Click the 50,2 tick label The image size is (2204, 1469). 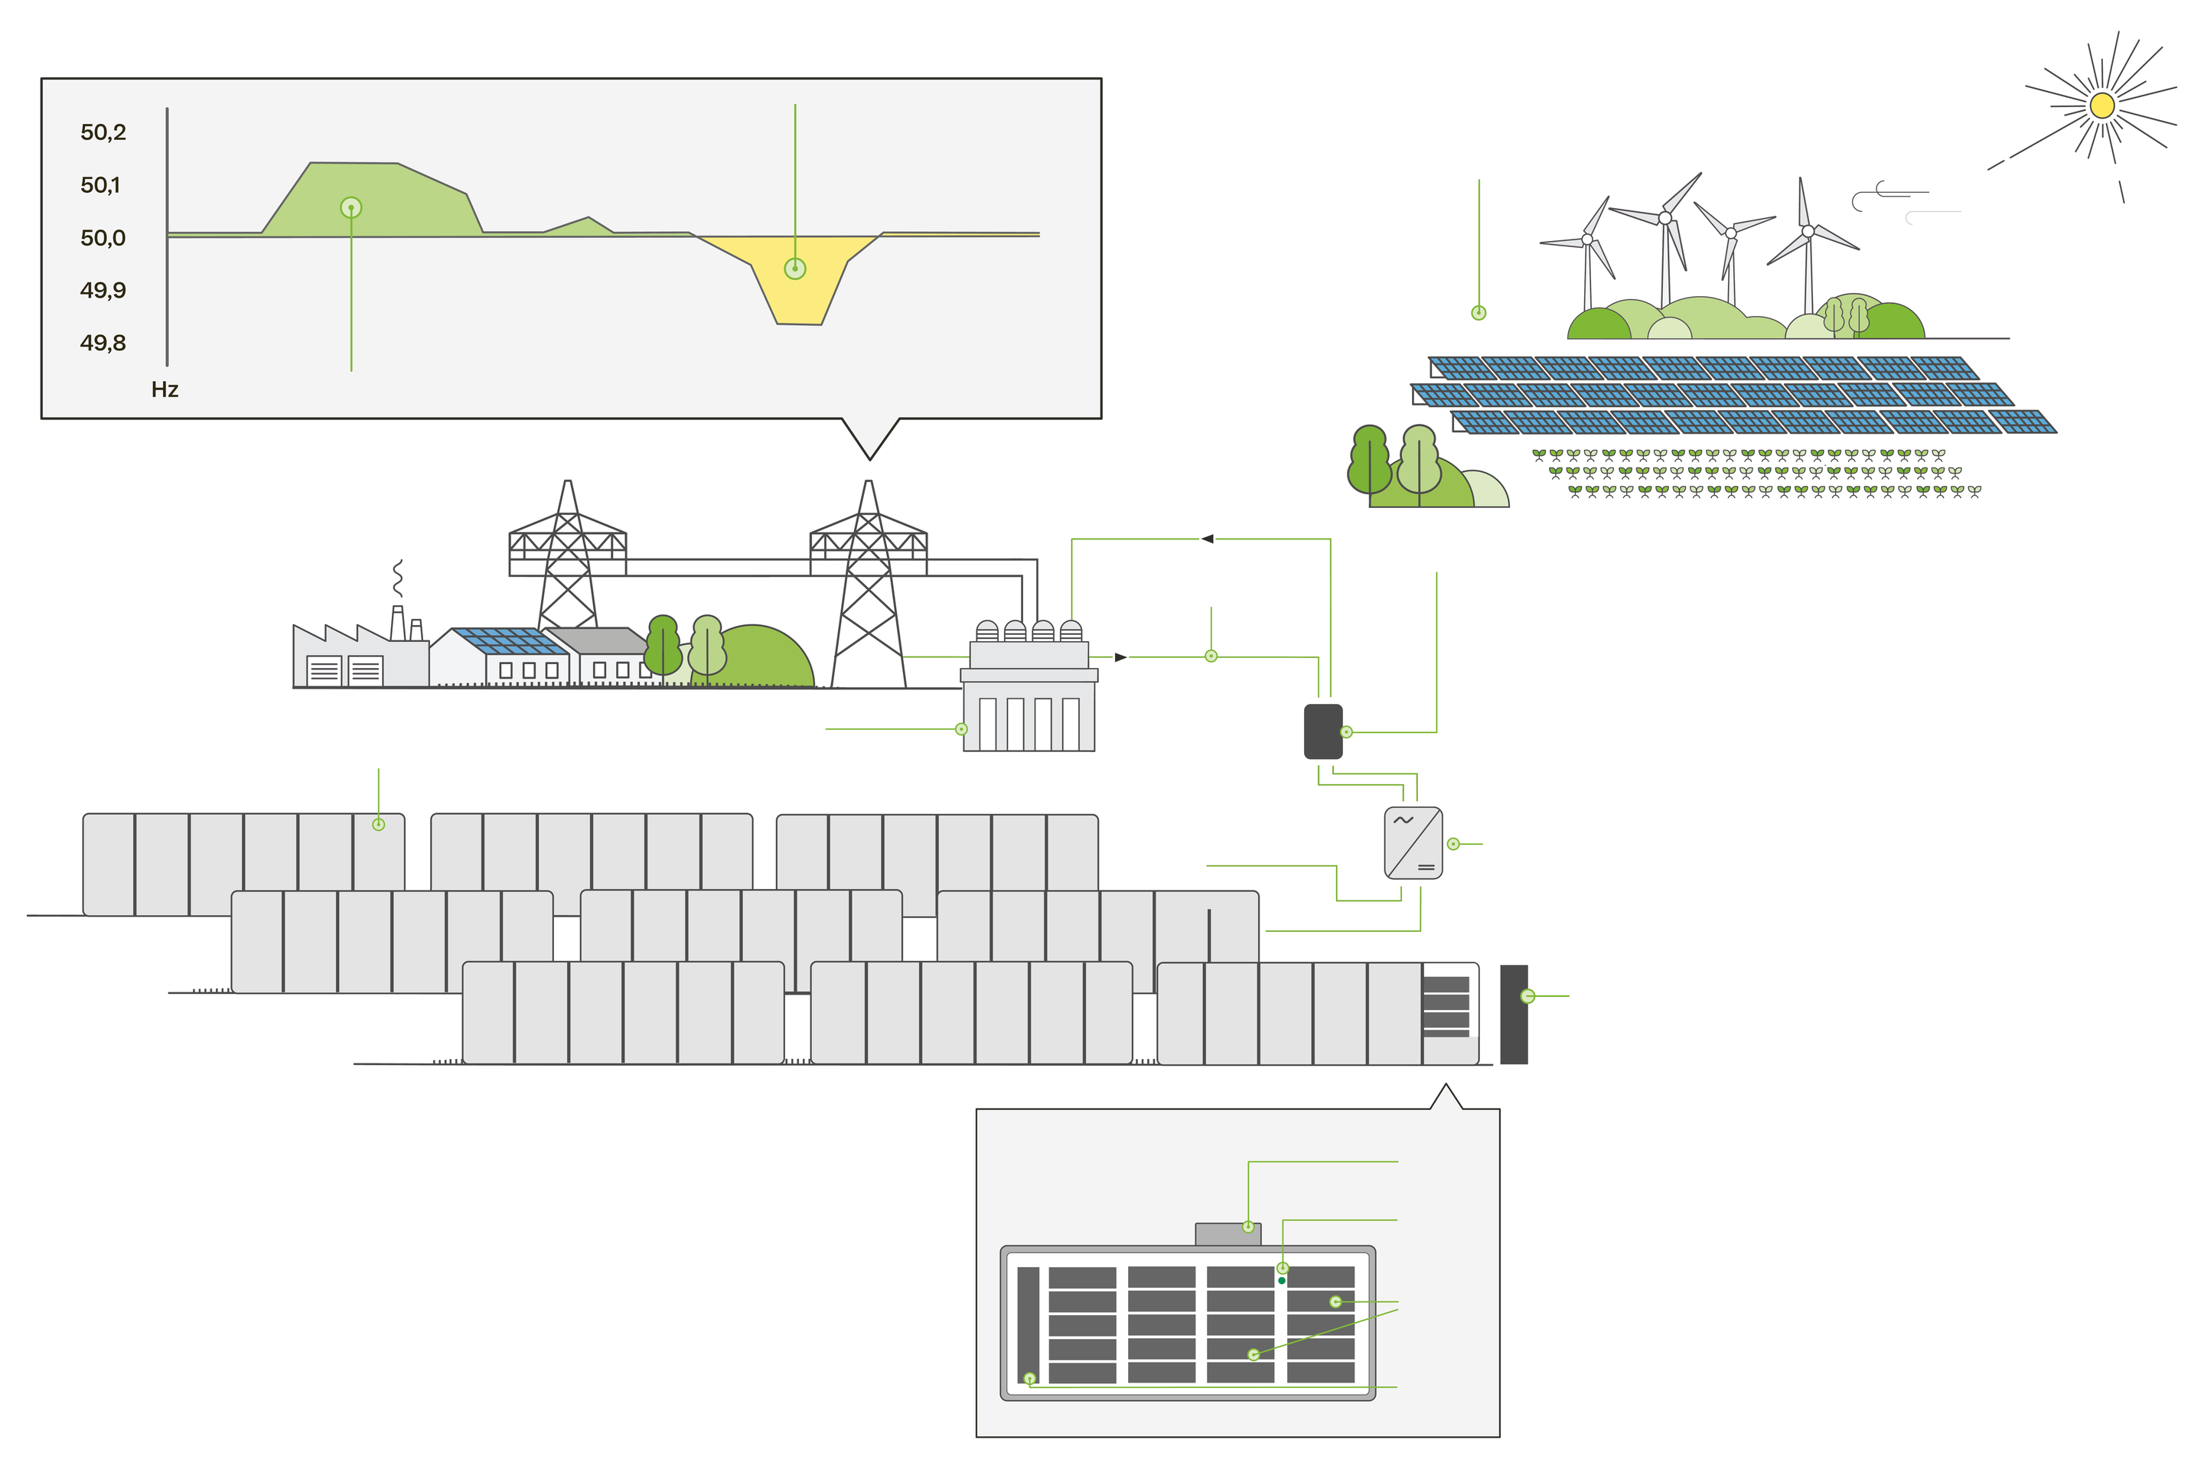tap(103, 132)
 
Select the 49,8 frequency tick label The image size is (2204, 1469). tap(103, 343)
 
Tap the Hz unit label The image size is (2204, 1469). tap(165, 389)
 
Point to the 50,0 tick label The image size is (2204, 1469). tap(103, 238)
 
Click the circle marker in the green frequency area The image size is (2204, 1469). tap(350, 207)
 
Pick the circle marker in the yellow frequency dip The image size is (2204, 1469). tap(794, 269)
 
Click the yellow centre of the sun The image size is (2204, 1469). tap(2102, 105)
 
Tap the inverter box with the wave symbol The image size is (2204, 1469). tap(1413, 843)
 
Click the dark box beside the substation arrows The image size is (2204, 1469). tap(1323, 731)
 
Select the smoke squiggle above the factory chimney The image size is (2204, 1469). tap(398, 578)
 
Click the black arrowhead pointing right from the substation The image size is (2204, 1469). tap(1120, 656)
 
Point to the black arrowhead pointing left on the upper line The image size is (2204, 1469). tap(1208, 539)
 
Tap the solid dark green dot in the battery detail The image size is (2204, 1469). tap(1282, 1280)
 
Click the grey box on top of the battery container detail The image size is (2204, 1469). tap(1228, 1234)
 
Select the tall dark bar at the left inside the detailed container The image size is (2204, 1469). tap(1028, 1324)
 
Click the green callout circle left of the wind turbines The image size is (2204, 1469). tap(1479, 313)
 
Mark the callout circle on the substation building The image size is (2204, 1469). tap(961, 729)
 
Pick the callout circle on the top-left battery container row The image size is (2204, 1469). tap(379, 825)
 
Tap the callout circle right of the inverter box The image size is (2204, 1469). tap(1453, 844)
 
